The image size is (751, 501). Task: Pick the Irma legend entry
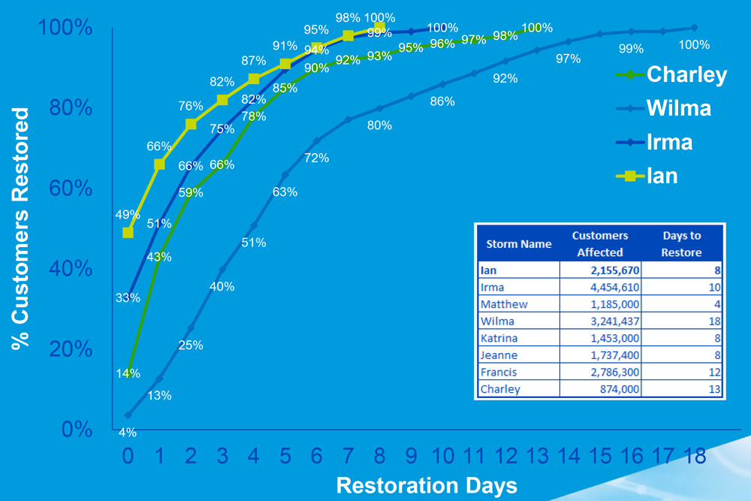pos(669,142)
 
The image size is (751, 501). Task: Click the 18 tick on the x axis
pos(695,456)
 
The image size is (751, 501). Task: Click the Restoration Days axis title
pos(427,484)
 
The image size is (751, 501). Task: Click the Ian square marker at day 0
pos(128,233)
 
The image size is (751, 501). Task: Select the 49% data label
pos(128,216)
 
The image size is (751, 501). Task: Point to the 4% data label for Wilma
pos(128,433)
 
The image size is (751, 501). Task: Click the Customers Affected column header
pos(599,243)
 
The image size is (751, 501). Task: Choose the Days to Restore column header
pos(682,243)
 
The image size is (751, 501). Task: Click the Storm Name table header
pos(519,244)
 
